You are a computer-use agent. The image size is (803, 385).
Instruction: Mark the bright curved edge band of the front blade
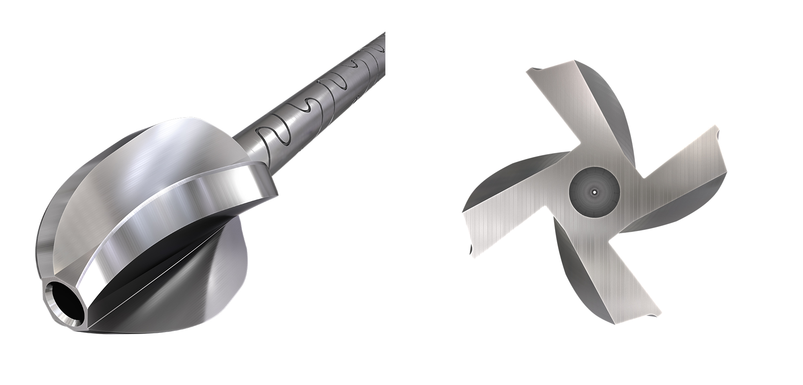pos(184,208)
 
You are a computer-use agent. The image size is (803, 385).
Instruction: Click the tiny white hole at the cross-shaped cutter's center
pos(594,192)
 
